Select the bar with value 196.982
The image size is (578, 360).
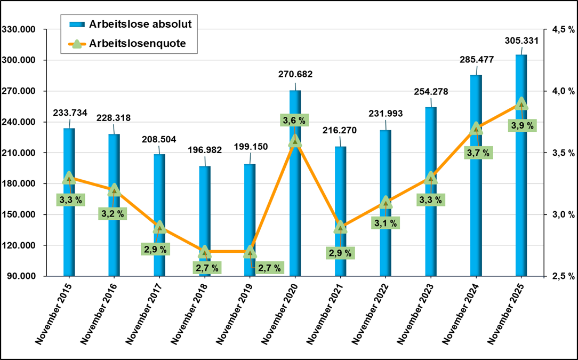point(205,213)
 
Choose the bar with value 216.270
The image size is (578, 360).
point(340,187)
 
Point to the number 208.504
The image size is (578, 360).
point(159,139)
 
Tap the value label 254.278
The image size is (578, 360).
point(431,92)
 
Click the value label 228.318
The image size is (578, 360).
point(114,118)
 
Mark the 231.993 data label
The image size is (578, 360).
point(386,114)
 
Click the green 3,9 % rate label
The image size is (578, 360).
point(521,126)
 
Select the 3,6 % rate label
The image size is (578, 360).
point(294,121)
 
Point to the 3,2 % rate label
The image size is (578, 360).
point(113,214)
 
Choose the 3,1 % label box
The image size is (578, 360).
point(385,223)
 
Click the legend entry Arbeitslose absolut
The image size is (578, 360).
point(141,23)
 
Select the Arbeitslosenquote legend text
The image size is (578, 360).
point(138,44)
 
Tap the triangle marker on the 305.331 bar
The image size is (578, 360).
point(521,103)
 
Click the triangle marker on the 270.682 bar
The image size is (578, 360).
point(295,141)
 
